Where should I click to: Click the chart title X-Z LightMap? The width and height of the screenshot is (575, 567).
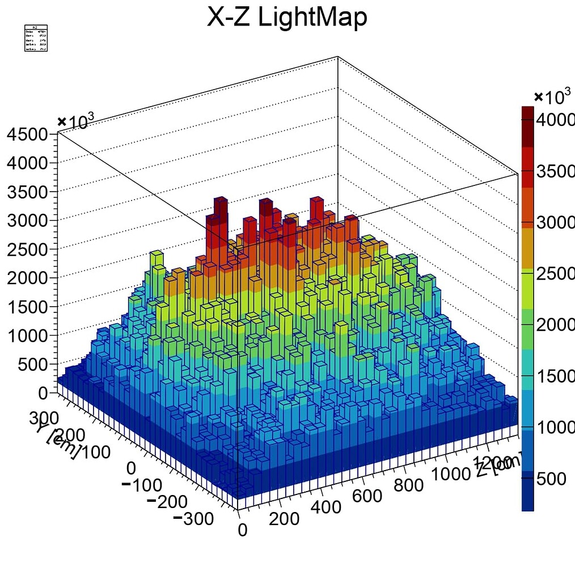coord(287,18)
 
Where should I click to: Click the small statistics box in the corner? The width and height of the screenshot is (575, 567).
coord(36,39)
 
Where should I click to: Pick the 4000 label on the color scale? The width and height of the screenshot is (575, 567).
coord(556,121)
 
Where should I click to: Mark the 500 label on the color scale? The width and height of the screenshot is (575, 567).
coord(551,479)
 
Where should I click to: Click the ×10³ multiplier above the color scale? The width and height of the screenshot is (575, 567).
coord(553,98)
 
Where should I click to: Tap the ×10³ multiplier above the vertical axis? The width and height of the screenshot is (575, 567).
coord(76,121)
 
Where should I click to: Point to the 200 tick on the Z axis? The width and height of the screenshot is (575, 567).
coord(284,519)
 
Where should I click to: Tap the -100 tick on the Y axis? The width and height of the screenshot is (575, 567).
coord(142,485)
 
